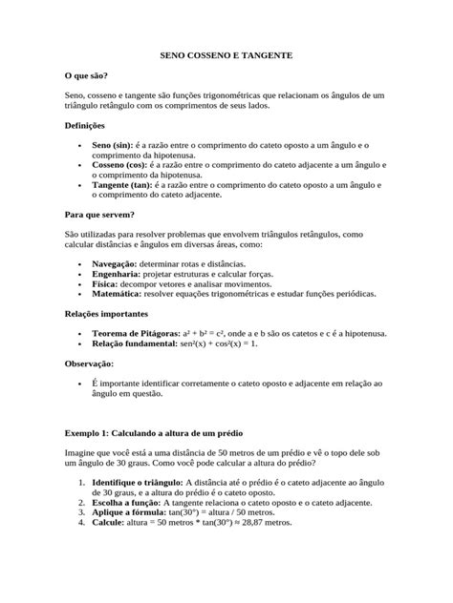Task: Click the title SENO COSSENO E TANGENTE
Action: (x=226, y=57)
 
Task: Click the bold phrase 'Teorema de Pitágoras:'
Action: (x=136, y=331)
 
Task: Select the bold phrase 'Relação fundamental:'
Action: (x=134, y=342)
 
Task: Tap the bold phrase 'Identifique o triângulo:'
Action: (x=136, y=481)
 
